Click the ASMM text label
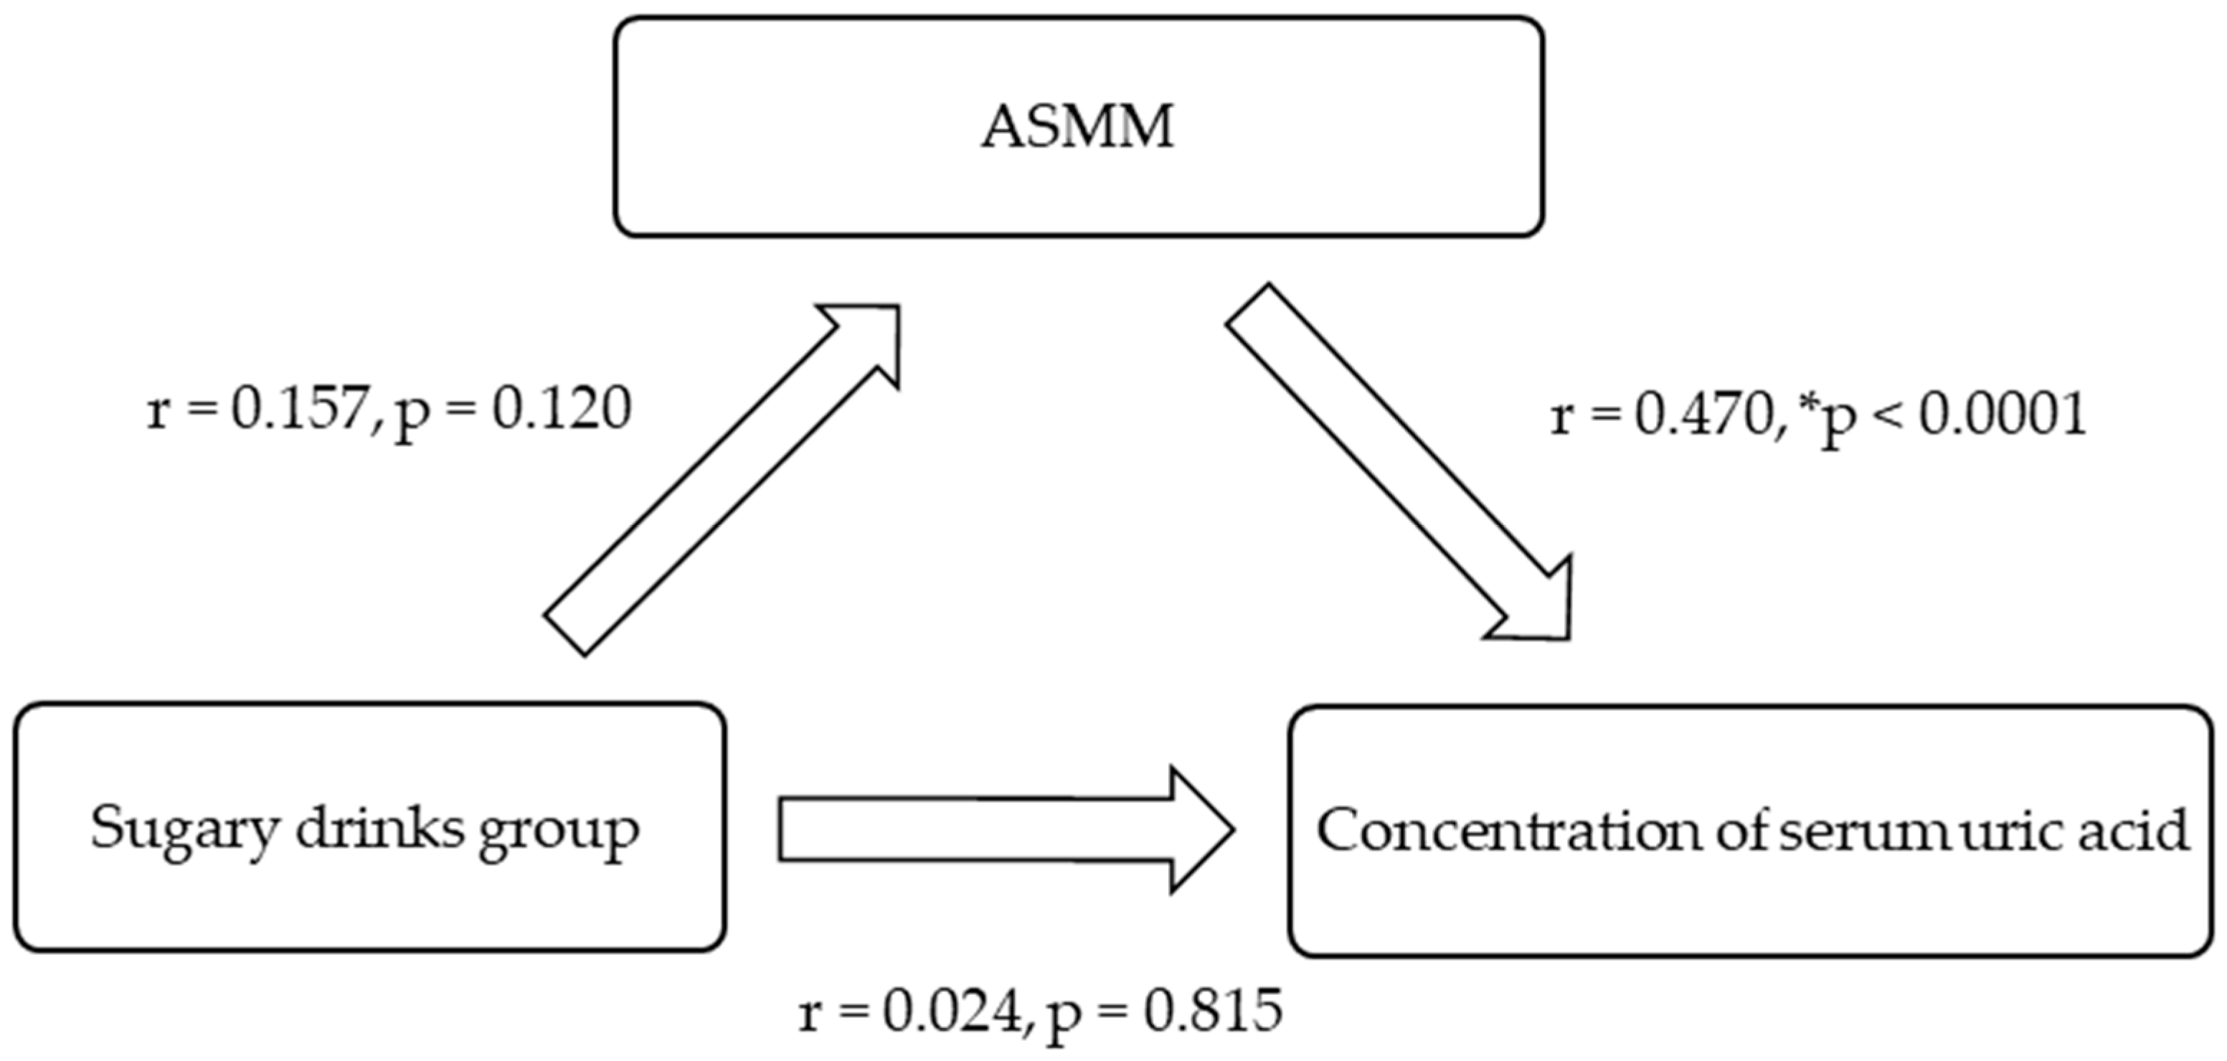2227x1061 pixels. tap(1077, 127)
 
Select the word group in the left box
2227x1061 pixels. tap(559, 832)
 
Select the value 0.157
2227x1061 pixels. tap(299, 409)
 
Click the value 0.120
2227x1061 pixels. tap(561, 409)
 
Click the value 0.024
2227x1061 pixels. tap(951, 1011)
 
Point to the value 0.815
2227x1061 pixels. tap(1213, 1011)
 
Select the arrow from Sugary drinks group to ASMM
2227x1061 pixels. tap(722, 480)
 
